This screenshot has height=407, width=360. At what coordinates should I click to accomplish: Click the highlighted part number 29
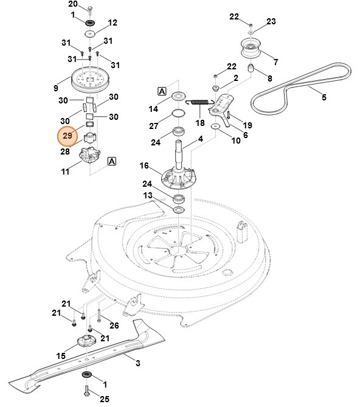point(67,136)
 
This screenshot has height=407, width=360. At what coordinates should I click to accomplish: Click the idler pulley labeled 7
point(251,48)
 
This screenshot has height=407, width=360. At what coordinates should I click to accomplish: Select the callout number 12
point(112,23)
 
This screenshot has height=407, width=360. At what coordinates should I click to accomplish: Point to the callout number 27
point(154,126)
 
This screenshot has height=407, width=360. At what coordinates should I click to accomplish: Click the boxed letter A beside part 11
point(112,161)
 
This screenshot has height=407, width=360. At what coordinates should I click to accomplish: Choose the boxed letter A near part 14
point(162,91)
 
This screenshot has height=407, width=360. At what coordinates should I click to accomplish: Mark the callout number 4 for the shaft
point(200,140)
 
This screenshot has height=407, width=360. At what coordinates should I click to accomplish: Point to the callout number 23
point(271,22)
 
